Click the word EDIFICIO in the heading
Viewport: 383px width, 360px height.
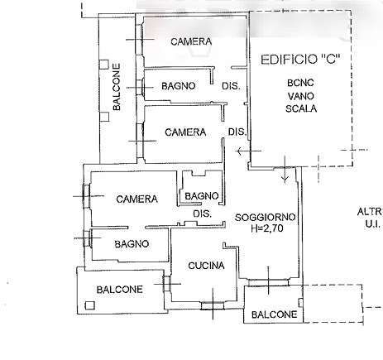coord(289,60)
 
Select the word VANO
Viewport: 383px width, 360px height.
coord(301,96)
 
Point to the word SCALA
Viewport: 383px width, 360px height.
coord(301,108)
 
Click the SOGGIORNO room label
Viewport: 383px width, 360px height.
coord(266,217)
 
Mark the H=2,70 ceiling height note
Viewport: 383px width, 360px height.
coord(267,228)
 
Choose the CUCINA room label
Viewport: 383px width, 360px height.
coord(206,266)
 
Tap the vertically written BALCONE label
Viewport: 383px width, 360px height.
coord(117,87)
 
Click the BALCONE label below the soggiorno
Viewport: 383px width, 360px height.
coord(275,314)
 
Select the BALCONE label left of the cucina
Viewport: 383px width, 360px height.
coord(120,290)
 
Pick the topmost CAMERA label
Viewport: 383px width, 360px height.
coord(191,41)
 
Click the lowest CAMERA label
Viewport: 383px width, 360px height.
coord(136,199)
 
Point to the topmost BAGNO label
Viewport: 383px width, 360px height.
coord(179,86)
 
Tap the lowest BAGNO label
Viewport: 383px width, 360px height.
coord(132,244)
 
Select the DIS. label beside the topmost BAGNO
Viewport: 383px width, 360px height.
coord(231,86)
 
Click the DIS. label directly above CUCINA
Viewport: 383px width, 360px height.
coord(203,214)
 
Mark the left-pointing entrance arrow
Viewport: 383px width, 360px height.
coord(249,151)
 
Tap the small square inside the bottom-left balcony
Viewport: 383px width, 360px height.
coord(90,305)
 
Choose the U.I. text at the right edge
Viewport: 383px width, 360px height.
coord(373,224)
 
